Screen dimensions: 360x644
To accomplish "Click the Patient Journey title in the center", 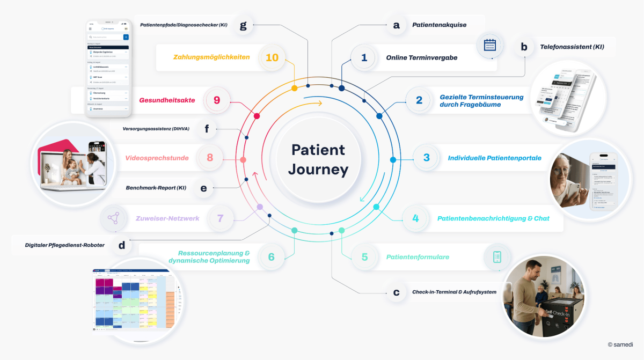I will point(318,159).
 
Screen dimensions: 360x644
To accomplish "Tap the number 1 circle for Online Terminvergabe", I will point(364,57).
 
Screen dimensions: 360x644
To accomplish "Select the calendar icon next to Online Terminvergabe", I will point(489,45).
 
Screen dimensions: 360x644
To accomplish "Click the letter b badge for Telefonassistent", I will point(524,47).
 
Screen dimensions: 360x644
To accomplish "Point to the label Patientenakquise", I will point(439,25).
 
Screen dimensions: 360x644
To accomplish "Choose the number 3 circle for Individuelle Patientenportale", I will point(427,158).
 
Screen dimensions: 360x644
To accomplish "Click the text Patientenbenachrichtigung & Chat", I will point(493,218).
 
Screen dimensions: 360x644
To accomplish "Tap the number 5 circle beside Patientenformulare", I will point(365,257).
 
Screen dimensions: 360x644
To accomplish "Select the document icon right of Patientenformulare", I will point(497,257).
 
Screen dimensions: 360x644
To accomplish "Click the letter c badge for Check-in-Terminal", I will point(397,292).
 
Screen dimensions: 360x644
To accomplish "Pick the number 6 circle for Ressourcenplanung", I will point(272,257).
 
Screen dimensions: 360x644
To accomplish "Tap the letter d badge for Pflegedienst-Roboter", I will point(122,245).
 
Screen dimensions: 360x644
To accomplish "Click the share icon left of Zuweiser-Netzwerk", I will point(113,218).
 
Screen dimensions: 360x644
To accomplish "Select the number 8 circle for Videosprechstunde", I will point(210,158).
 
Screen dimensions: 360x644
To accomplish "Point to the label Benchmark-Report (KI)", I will point(156,188).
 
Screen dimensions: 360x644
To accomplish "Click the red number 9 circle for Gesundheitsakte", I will point(217,100).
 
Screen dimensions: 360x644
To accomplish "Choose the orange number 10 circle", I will point(272,57).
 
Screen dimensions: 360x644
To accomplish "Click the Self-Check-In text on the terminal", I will point(559,312).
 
